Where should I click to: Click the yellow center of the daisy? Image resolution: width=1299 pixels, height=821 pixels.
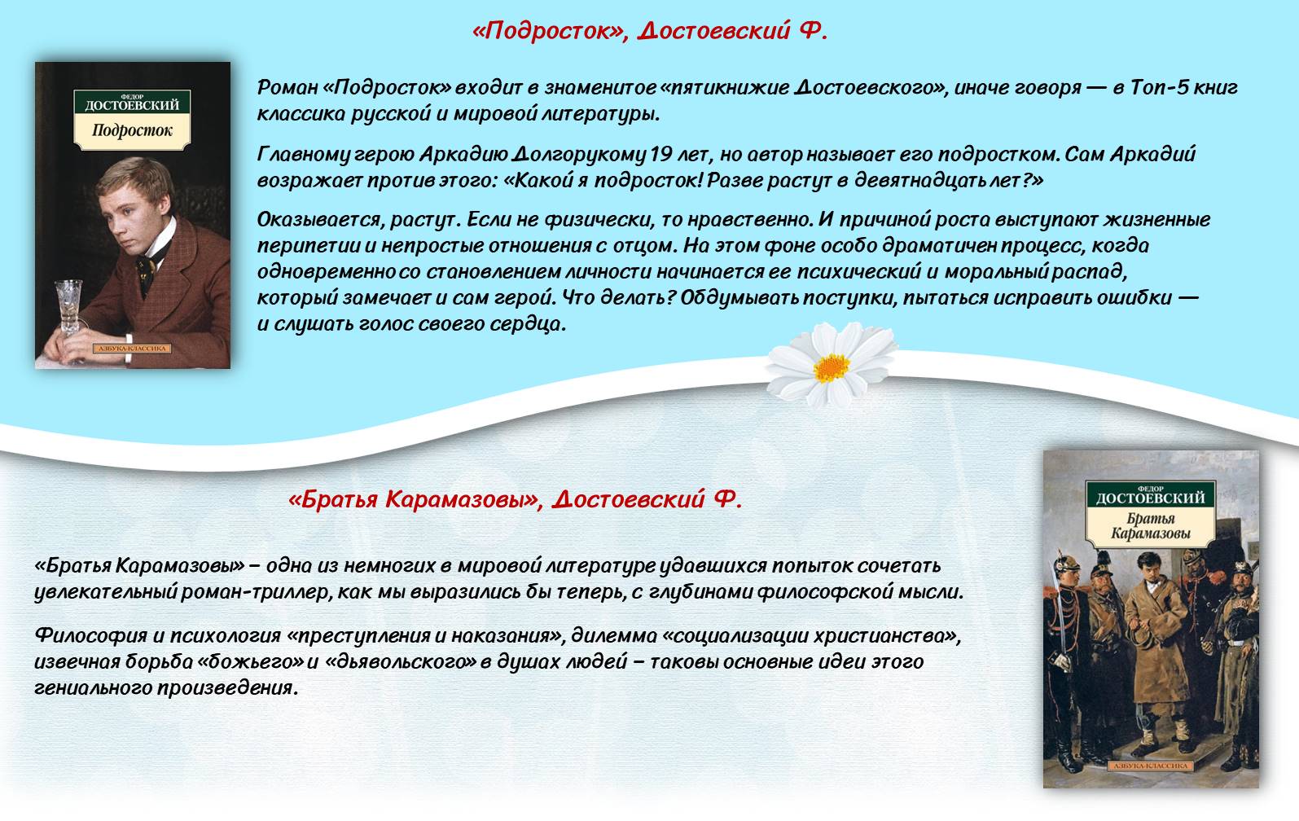tap(831, 367)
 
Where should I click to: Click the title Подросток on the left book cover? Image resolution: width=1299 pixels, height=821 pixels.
tap(132, 130)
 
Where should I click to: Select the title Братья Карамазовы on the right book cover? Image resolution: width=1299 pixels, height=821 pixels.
tap(1151, 526)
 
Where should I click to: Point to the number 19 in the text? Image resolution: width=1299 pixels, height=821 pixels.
tap(660, 154)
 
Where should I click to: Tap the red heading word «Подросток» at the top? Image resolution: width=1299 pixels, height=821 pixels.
tap(547, 31)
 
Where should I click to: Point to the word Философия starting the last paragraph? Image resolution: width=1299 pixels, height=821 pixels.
tap(91, 636)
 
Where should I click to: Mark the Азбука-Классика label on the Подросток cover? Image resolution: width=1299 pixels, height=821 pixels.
tap(132, 349)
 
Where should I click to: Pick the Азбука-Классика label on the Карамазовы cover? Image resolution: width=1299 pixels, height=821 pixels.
tap(1151, 766)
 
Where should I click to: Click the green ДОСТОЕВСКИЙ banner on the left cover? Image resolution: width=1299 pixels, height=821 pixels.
tap(132, 102)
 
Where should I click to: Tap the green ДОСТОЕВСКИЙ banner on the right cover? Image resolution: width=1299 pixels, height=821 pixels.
tap(1151, 494)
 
